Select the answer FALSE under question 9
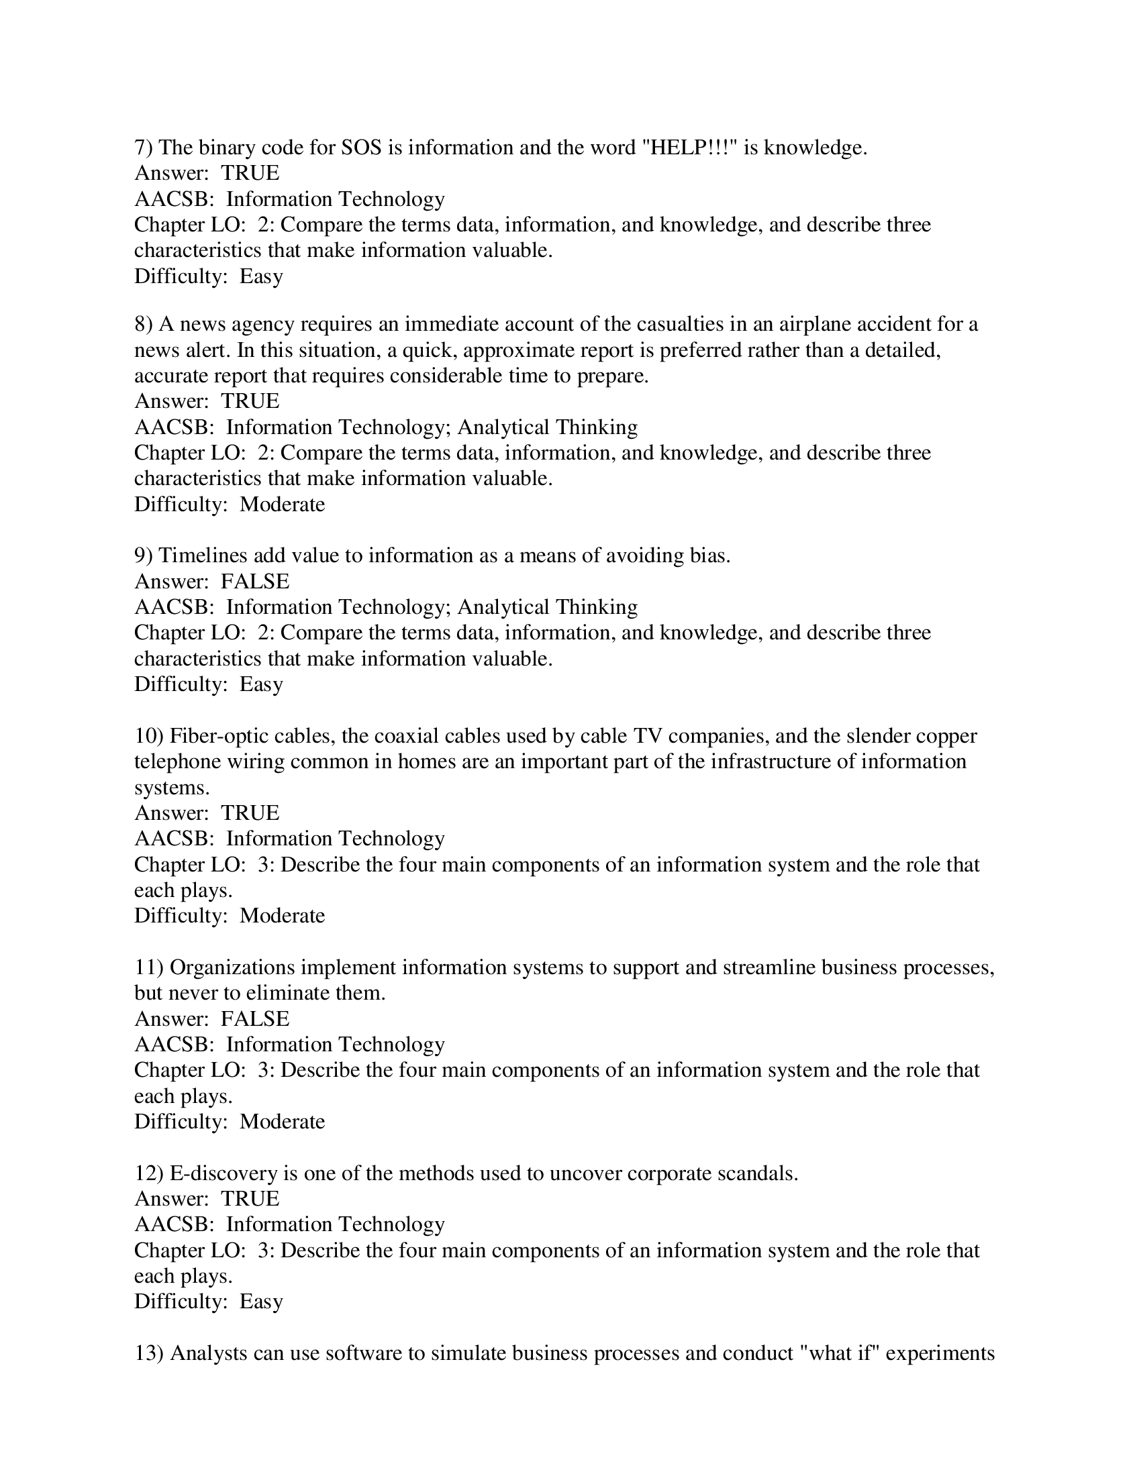point(255,581)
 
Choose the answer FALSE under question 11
point(255,1019)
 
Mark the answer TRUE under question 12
point(250,1199)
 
